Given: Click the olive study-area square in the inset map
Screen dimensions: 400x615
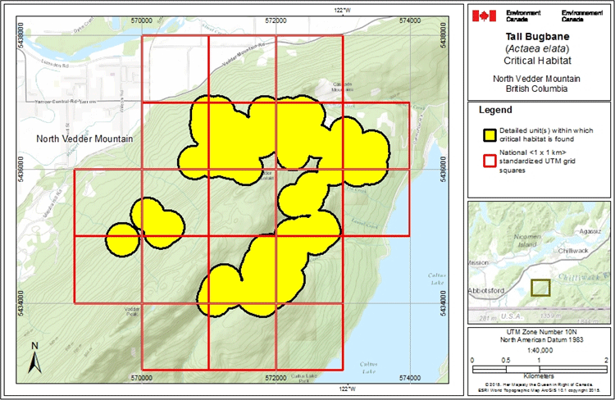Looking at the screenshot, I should [x=540, y=288].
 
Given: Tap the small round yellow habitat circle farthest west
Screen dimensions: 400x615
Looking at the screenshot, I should [x=122, y=239].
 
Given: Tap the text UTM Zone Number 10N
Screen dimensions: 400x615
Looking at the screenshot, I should [x=538, y=330].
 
